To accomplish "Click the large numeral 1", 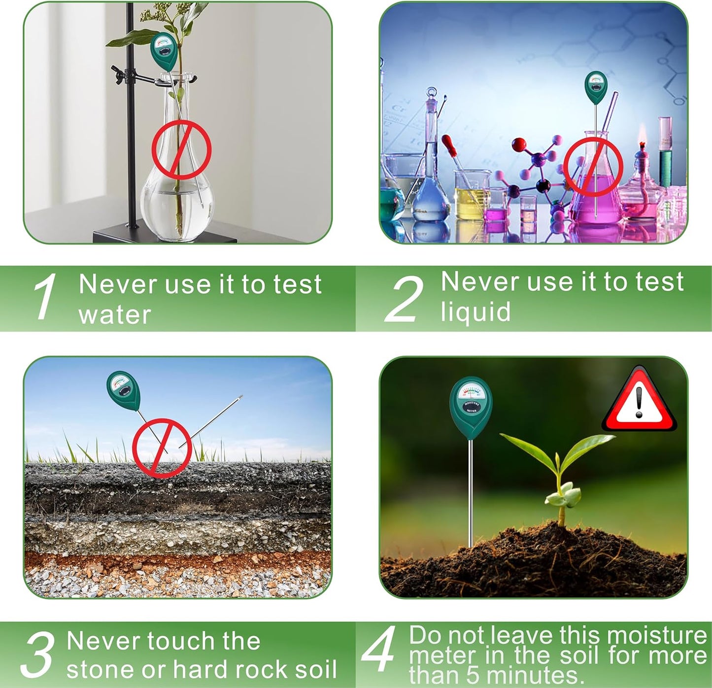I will [45, 297].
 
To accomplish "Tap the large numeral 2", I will [405, 299].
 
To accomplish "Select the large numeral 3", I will [37, 654].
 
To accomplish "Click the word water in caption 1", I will [114, 315].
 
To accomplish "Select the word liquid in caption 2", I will [475, 312].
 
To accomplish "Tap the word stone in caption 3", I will [101, 670].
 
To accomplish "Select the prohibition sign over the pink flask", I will [593, 167].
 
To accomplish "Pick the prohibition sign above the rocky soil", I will [161, 448].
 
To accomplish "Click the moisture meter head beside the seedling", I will [471, 405].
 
